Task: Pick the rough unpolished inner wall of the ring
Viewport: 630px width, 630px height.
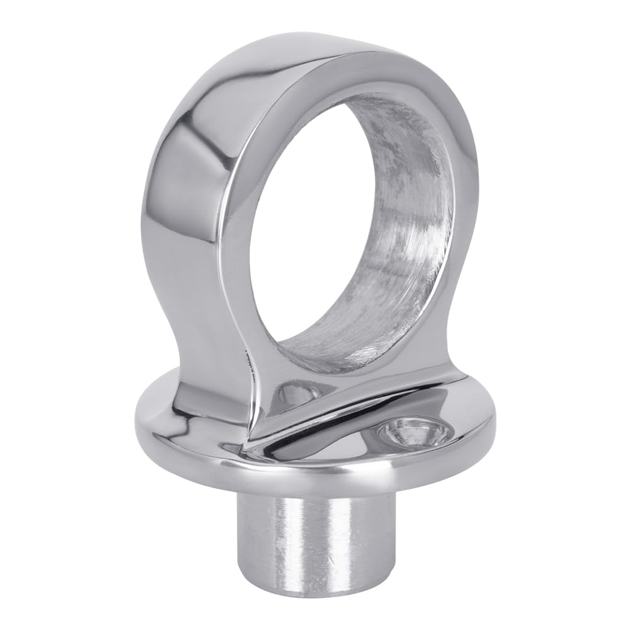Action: pos(403,239)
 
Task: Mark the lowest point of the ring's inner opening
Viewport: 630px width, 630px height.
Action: pos(328,372)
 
